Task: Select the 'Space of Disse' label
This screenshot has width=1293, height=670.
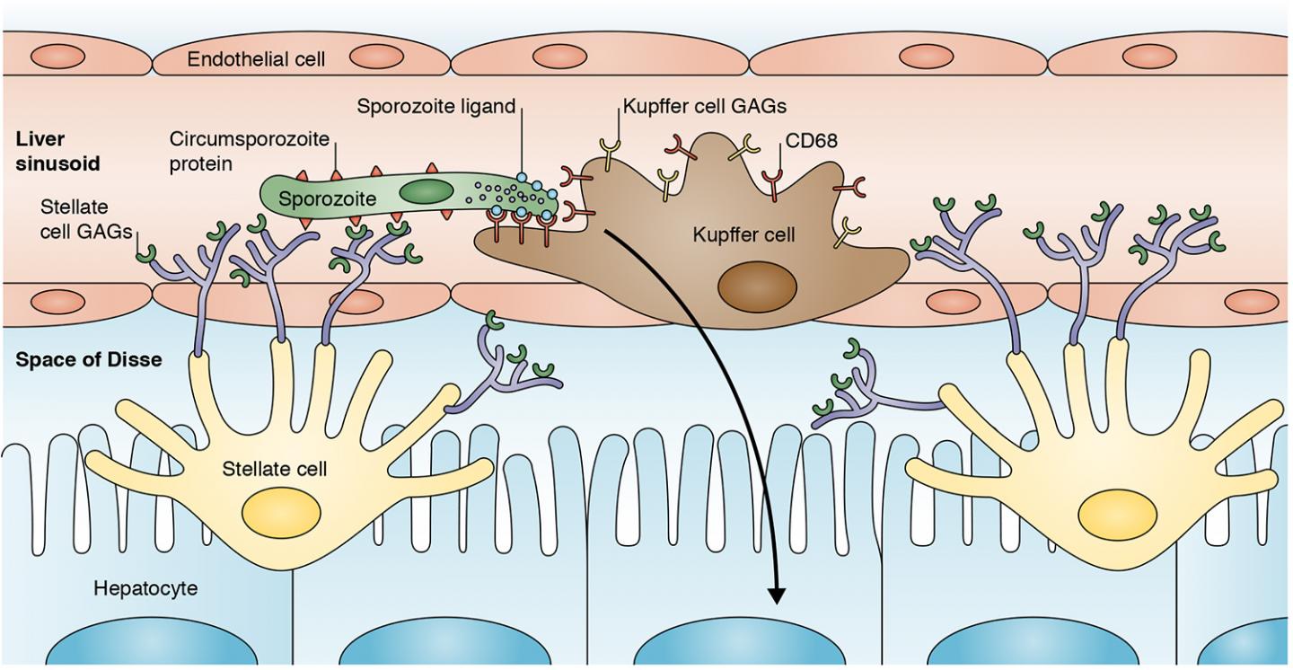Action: pos(88,360)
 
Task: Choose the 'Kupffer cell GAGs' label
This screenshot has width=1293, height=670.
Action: pos(704,106)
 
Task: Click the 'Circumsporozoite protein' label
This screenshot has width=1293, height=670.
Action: pos(249,150)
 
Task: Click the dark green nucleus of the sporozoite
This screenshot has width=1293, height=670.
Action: pos(426,191)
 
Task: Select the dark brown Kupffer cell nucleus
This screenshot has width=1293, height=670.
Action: pos(756,289)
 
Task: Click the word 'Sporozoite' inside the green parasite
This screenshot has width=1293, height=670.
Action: pos(327,198)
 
